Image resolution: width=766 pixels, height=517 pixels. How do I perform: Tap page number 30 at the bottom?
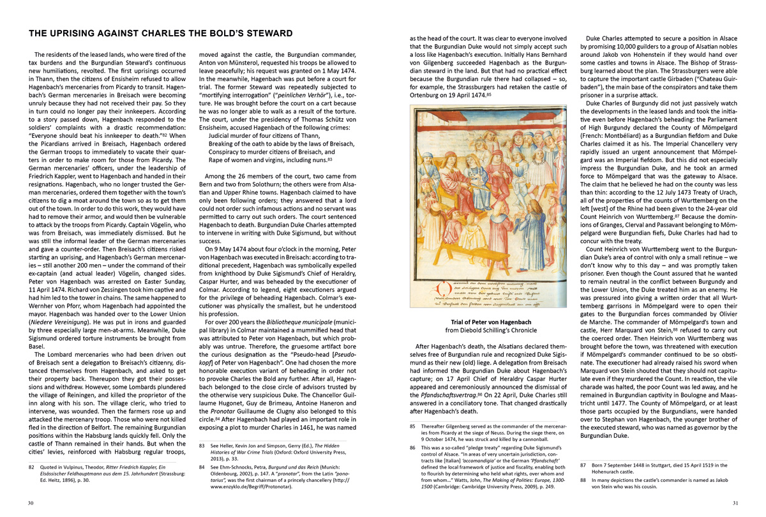click(31, 503)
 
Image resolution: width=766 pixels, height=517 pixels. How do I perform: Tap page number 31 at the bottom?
click(735, 503)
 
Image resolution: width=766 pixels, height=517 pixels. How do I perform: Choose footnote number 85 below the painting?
click(413, 426)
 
